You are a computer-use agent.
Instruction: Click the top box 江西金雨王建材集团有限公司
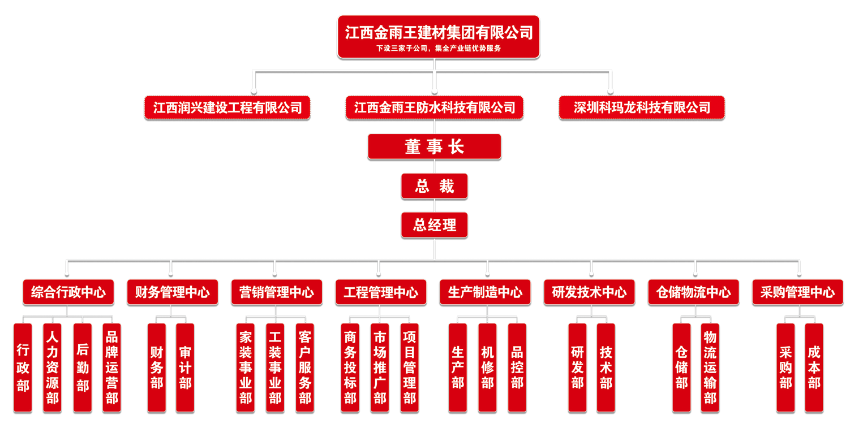click(x=439, y=33)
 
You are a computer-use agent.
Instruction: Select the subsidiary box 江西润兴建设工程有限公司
click(x=227, y=107)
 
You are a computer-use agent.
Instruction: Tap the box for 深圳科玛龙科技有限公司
click(x=641, y=107)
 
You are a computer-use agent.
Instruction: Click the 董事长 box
click(x=434, y=147)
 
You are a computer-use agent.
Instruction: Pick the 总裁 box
click(x=434, y=187)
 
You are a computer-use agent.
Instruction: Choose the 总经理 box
click(x=434, y=226)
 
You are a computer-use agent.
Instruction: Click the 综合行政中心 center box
click(x=68, y=292)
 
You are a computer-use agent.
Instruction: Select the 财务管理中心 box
click(x=172, y=292)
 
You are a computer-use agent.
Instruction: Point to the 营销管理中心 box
click(x=276, y=292)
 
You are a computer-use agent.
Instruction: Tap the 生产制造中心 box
click(x=485, y=292)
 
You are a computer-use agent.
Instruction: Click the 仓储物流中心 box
click(x=694, y=292)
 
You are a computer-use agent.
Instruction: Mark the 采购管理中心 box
click(x=797, y=292)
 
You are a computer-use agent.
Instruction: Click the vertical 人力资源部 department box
click(x=52, y=367)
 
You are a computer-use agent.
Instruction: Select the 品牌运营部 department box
click(x=111, y=367)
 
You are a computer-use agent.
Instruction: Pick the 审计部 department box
click(x=185, y=367)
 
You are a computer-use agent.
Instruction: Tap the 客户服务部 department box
click(x=304, y=367)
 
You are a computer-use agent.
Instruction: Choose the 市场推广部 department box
click(x=380, y=367)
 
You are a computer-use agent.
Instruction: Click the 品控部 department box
click(x=517, y=367)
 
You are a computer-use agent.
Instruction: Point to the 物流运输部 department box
click(x=710, y=367)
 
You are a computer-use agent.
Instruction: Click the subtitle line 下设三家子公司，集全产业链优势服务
click(x=439, y=49)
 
